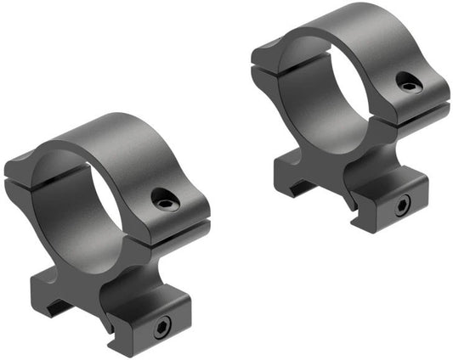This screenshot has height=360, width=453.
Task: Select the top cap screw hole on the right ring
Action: point(406,82)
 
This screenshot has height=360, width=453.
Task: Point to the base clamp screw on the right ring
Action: point(400,204)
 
